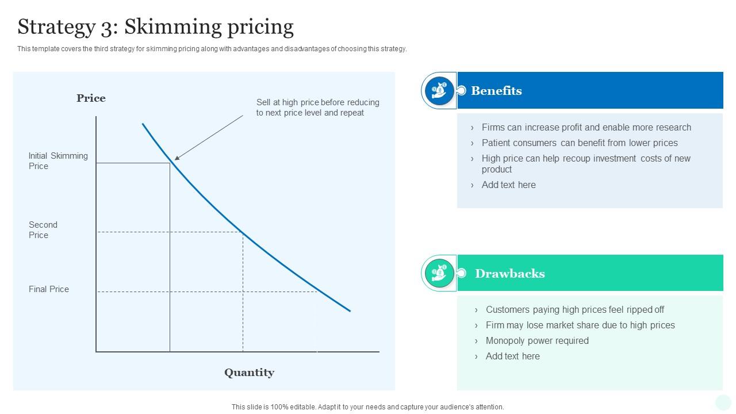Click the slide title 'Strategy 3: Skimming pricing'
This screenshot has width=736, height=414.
click(x=155, y=27)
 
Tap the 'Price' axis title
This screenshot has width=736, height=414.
click(x=91, y=98)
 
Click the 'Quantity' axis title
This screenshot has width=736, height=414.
click(x=249, y=373)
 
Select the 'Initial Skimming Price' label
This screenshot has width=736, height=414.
click(x=58, y=161)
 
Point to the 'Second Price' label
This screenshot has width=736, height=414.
click(x=43, y=230)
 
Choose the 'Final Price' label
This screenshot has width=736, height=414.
click(x=49, y=289)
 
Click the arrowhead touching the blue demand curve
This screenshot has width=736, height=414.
click(x=177, y=158)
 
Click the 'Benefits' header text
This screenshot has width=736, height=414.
click(x=496, y=91)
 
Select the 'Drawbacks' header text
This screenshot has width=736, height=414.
click(x=509, y=274)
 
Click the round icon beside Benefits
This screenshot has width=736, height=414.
click(x=439, y=90)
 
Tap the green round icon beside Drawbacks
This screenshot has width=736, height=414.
click(x=439, y=273)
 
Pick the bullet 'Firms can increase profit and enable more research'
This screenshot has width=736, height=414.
click(x=586, y=128)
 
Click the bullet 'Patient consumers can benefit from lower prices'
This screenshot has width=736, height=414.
click(x=580, y=143)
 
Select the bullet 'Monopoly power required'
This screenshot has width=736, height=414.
click(x=537, y=341)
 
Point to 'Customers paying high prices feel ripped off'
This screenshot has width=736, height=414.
click(x=575, y=310)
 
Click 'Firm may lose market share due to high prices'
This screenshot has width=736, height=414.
click(x=580, y=325)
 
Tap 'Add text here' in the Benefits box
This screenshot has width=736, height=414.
click(x=508, y=185)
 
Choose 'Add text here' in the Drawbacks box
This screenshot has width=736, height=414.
click(x=512, y=356)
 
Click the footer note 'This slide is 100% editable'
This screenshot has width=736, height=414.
click(x=367, y=407)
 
